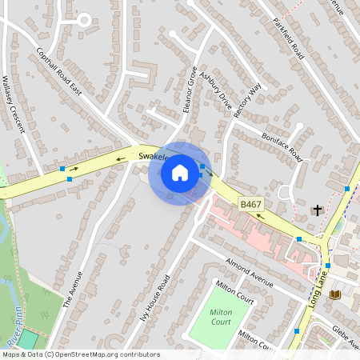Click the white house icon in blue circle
point(180,172)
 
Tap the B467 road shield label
point(251,205)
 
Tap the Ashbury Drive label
point(216,90)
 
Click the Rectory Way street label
point(248,101)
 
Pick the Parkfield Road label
point(289,38)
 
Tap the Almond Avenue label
point(250,273)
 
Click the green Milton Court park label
point(220,316)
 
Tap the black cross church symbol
point(317,210)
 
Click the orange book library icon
point(334,294)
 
